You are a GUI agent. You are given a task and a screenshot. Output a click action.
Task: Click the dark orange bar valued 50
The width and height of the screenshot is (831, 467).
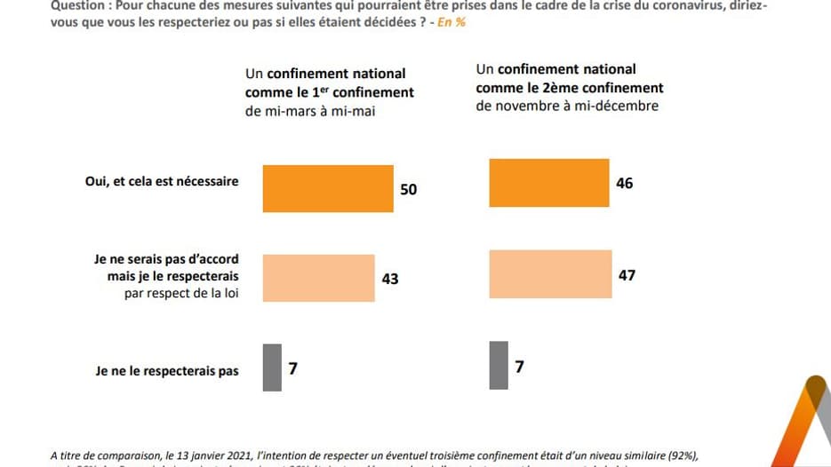coord(328,188)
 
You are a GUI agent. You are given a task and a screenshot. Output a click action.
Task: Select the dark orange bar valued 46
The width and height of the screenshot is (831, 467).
coord(549,184)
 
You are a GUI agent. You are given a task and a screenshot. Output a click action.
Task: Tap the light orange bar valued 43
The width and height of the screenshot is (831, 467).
coord(318,278)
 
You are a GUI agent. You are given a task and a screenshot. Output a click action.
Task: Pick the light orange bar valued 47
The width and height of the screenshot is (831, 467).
coord(550,275)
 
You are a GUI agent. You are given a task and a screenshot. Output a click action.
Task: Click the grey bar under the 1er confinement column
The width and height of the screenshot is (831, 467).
coord(272,366)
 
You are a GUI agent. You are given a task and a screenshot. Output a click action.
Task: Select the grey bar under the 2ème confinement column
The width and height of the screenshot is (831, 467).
coord(499,365)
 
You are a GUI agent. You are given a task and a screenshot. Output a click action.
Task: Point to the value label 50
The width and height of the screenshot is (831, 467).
coord(408,189)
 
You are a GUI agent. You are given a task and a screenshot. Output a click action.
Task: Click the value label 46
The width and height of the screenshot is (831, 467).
coord(624,185)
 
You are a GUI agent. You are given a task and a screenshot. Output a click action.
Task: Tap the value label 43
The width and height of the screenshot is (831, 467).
coord(389,279)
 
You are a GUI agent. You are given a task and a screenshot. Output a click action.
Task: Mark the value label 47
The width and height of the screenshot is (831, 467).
coord(627,275)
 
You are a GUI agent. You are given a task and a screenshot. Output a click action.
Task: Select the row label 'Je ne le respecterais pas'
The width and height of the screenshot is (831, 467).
coord(166,371)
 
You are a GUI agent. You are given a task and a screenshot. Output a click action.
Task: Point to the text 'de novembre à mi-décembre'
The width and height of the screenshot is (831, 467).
coord(567,106)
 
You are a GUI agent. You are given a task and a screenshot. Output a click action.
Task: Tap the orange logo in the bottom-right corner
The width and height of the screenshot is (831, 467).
coord(805,426)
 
